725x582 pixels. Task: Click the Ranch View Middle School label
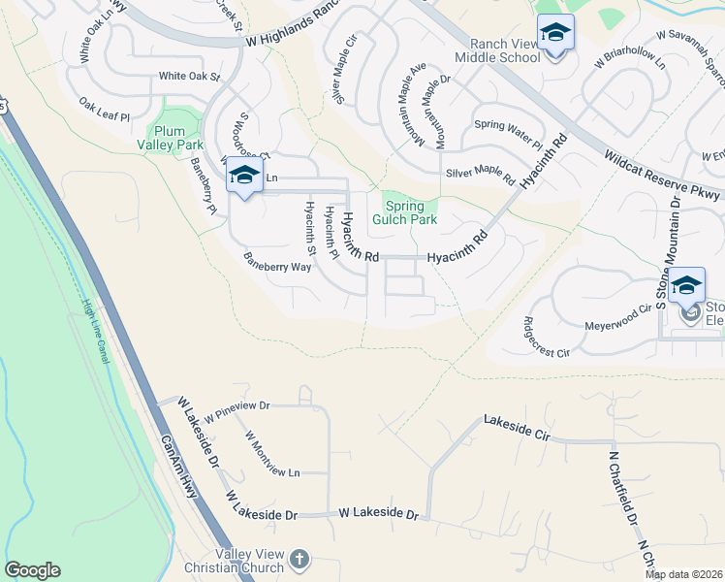pos(504,50)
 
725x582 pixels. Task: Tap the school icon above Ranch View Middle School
pos(555,35)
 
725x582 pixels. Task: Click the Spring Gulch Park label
pos(411,212)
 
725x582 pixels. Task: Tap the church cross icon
pos(299,559)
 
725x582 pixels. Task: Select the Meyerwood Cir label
pos(618,317)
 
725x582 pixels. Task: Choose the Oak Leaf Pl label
pos(104,110)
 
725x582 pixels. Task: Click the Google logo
pos(32,570)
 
